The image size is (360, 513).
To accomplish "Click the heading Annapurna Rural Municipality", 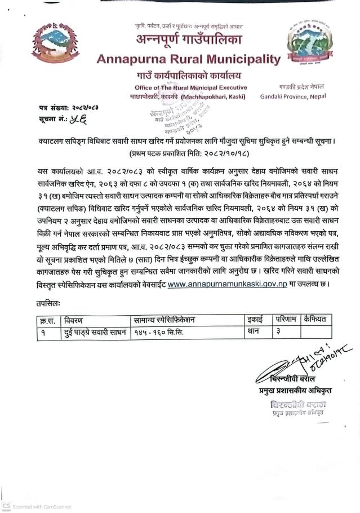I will (x=188, y=59).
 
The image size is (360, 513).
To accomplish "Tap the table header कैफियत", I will (x=315, y=320).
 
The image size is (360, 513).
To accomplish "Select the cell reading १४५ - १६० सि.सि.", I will (x=159, y=332).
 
